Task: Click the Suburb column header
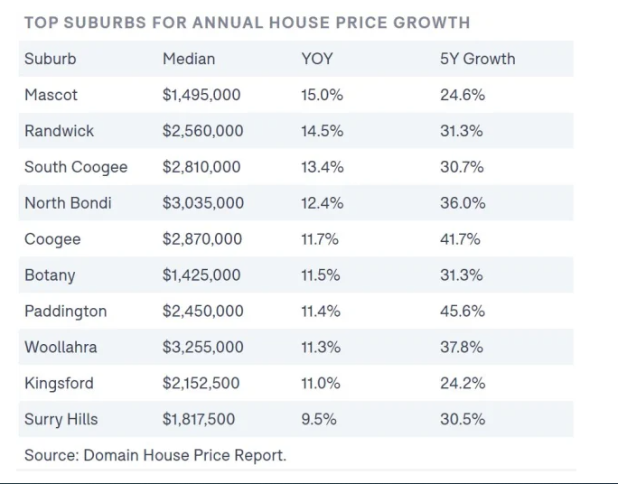(50, 59)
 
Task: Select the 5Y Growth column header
(477, 59)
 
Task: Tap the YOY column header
(317, 59)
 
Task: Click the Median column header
(189, 59)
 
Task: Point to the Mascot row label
(51, 95)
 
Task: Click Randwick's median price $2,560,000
(202, 131)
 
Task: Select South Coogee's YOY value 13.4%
(322, 167)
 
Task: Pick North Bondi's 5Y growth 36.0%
(463, 203)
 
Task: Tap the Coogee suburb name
(52, 239)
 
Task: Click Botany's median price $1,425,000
(201, 275)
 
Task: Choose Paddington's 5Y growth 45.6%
(463, 312)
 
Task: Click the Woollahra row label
(61, 347)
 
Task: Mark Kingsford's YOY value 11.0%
(321, 383)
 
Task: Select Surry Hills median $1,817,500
(199, 419)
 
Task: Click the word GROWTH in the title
(432, 23)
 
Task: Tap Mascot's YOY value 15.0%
(322, 95)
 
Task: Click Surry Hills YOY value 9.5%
(319, 419)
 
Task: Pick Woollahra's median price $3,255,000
(202, 347)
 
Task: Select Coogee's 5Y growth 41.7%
(460, 239)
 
